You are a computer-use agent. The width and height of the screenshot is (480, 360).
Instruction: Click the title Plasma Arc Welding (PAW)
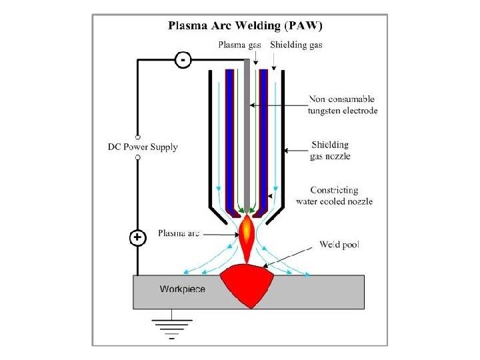[x=245, y=27]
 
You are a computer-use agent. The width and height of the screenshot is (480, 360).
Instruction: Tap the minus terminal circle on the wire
[x=183, y=60]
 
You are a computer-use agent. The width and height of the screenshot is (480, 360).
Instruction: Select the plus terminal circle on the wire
[x=137, y=238]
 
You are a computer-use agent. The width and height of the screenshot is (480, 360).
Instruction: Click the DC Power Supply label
[x=143, y=147]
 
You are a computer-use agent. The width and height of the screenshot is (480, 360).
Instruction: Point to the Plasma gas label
[x=241, y=45]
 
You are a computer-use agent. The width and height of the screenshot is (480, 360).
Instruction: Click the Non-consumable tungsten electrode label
[x=342, y=105]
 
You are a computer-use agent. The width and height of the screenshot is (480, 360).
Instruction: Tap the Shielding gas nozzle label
[x=330, y=150]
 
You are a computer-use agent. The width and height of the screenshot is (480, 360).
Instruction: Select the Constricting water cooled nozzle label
[x=333, y=196]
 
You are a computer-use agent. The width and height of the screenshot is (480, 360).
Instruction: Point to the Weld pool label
[x=339, y=245]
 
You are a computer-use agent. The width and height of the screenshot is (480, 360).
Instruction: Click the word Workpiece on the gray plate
[x=182, y=289]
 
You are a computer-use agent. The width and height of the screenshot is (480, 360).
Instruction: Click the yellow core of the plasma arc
[x=246, y=229]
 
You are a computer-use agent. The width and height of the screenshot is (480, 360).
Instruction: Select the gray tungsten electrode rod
[x=247, y=133]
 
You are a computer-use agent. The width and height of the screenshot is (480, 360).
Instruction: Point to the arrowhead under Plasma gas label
[x=255, y=61]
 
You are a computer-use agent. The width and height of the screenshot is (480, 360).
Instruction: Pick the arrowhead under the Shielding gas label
[x=274, y=67]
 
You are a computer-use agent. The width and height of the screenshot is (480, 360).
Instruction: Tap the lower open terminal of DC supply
[x=137, y=157]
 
